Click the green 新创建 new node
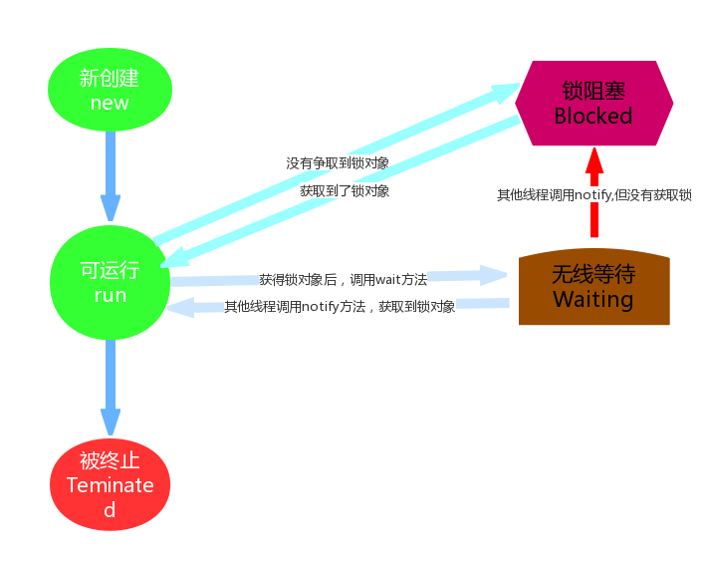click(x=110, y=89)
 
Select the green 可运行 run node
click(x=110, y=282)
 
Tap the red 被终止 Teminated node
click(x=110, y=485)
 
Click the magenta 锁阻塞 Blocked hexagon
click(x=593, y=103)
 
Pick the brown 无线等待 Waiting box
click(x=593, y=288)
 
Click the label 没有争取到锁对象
click(x=338, y=162)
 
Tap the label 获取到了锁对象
click(x=345, y=190)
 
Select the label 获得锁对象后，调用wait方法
click(x=343, y=280)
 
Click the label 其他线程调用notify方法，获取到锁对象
click(x=340, y=307)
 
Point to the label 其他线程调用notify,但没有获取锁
click(x=594, y=195)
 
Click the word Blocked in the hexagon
click(x=593, y=116)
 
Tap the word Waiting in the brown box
click(x=593, y=300)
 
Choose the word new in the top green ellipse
click(x=110, y=103)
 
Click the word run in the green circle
click(x=110, y=296)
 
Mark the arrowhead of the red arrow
click(x=594, y=159)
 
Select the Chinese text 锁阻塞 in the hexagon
click(x=593, y=90)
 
